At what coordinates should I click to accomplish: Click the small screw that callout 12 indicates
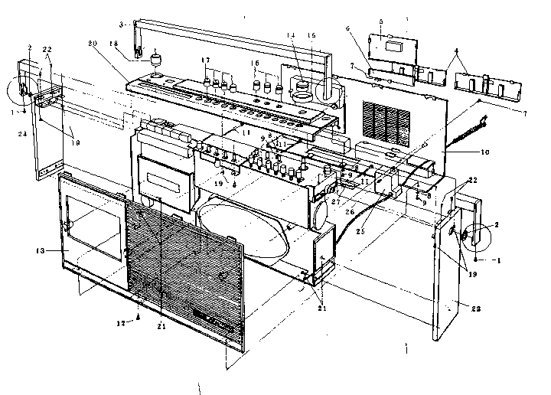point(139,315)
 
